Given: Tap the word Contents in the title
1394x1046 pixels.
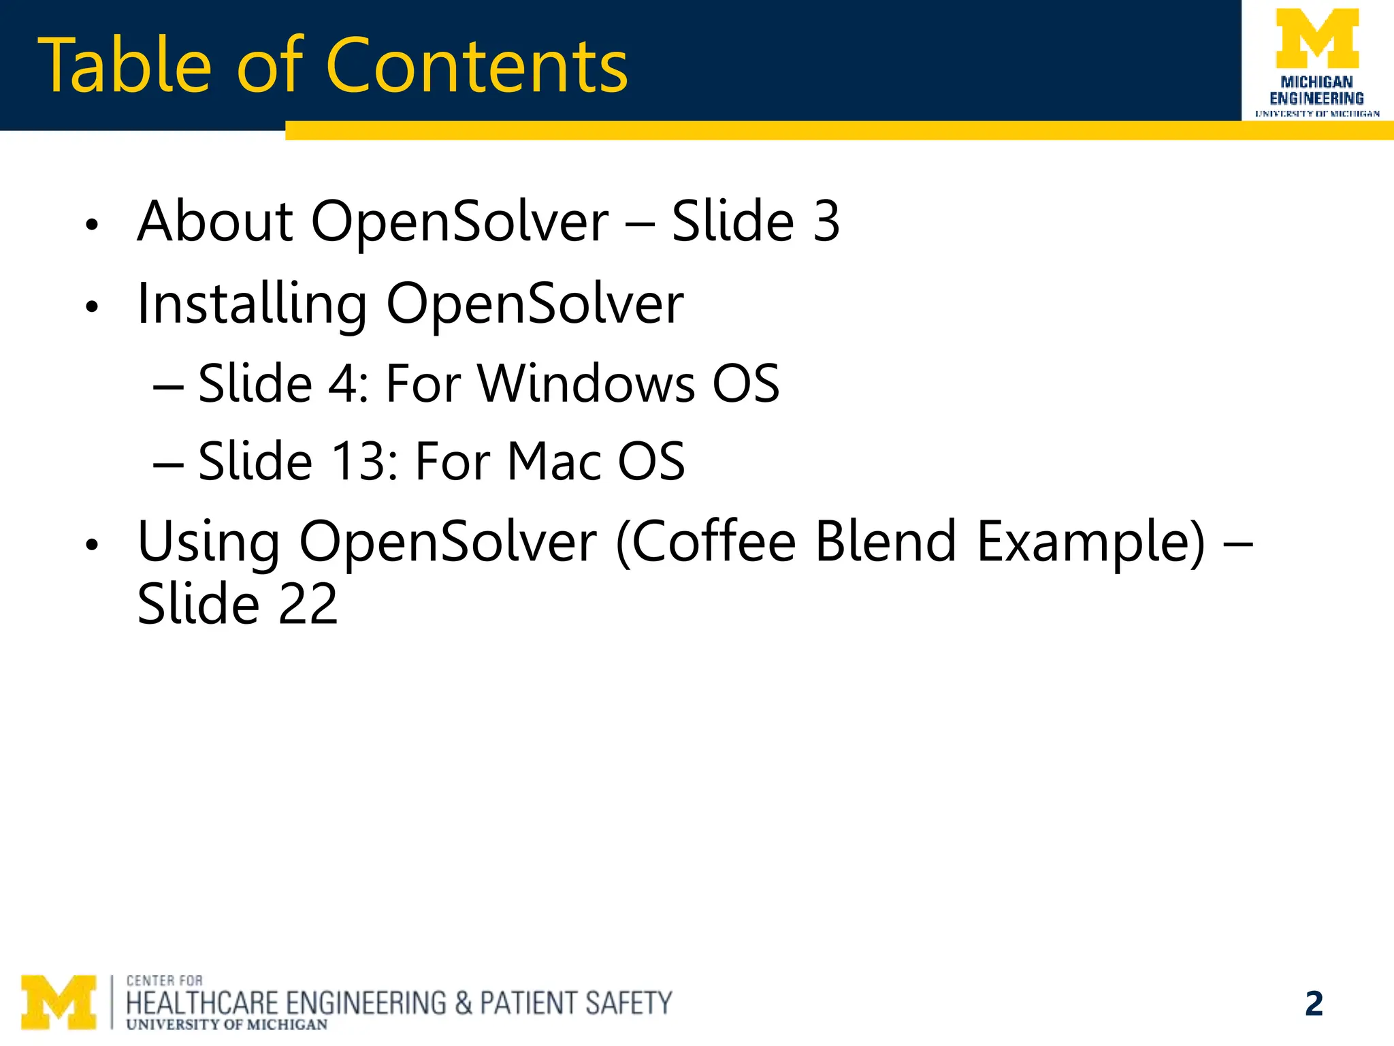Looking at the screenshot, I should (477, 66).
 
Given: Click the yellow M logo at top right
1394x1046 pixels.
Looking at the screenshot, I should (1317, 39).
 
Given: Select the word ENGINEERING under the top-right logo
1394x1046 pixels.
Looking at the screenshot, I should (1317, 98).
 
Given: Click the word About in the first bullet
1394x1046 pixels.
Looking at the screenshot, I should (215, 221).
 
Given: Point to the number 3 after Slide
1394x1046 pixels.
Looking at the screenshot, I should (826, 221).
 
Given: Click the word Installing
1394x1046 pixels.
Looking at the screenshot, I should (252, 304).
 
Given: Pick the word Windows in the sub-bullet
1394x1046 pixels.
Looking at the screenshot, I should (586, 384).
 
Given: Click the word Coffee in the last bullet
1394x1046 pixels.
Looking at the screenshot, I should (706, 542).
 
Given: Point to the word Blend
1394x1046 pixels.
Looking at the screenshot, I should (886, 542).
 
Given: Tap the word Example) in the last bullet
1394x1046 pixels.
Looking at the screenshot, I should (1091, 543).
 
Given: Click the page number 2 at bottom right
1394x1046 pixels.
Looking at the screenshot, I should (1314, 1004).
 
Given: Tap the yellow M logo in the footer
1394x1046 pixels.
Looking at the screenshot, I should (59, 1002).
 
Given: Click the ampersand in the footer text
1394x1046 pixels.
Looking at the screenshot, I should (463, 1004).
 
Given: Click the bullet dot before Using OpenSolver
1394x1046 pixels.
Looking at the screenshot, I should (93, 545).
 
